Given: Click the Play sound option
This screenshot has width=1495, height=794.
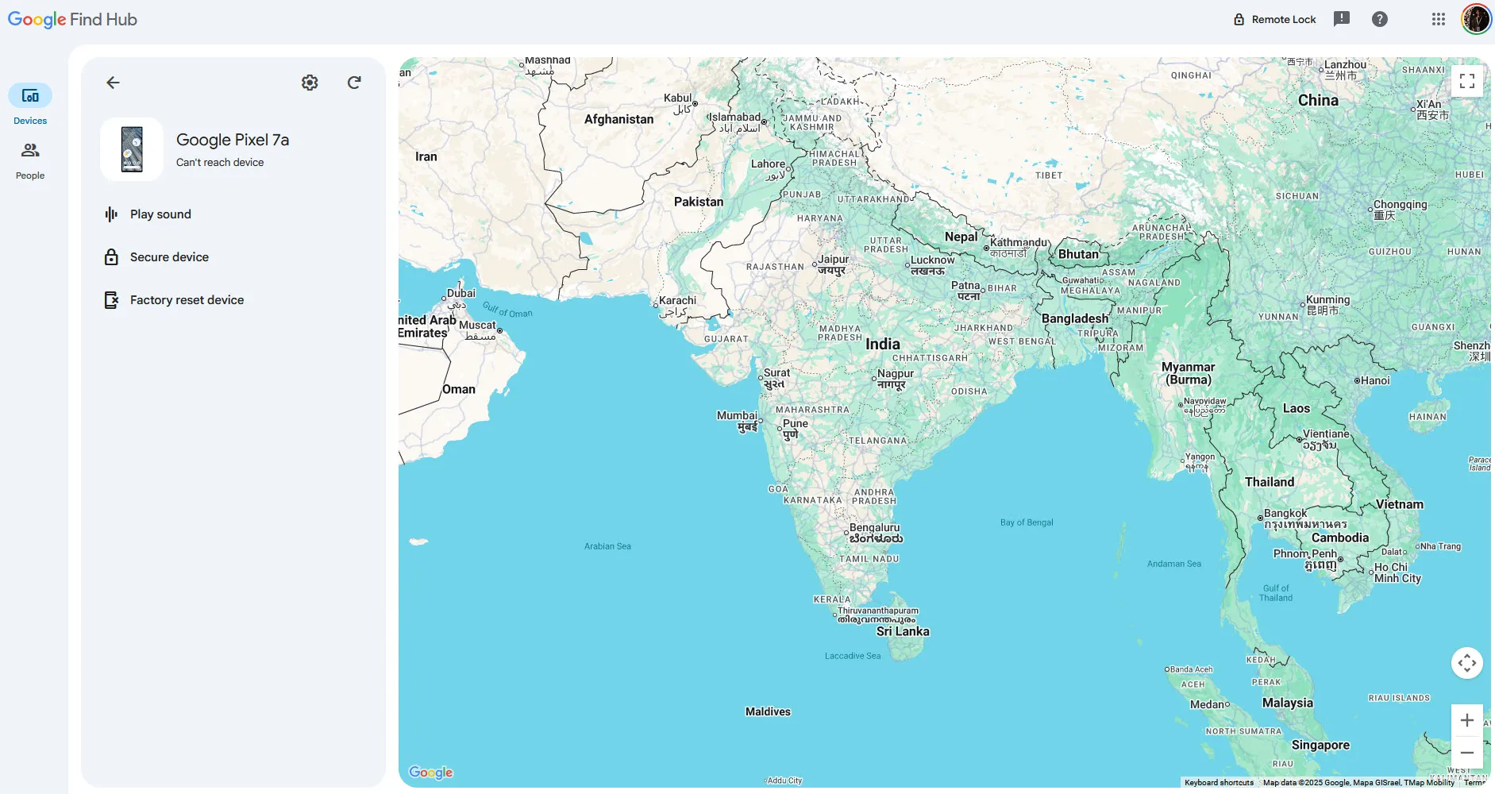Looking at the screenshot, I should point(160,214).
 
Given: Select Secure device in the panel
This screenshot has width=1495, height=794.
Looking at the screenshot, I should point(169,257).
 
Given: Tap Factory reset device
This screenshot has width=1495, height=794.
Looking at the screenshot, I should point(187,300).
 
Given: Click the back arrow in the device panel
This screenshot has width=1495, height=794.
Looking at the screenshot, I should point(113,83).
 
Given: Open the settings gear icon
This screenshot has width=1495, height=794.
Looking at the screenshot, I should point(310,83).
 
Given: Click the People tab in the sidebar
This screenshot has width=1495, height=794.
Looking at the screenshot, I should point(30,160).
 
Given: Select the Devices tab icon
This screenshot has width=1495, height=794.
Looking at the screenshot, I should point(30,96).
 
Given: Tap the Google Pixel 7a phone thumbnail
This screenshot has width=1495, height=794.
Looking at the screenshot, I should point(132,149).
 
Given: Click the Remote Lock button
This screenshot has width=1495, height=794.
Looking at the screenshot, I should point(1274,19).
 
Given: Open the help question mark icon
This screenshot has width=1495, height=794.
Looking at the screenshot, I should point(1380,19).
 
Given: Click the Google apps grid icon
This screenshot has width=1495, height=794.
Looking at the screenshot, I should point(1438,19).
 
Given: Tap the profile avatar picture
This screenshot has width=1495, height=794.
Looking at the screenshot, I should point(1476,19).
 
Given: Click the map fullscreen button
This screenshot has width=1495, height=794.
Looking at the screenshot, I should point(1466,81).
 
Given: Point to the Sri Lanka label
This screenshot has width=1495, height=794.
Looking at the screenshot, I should point(903,631).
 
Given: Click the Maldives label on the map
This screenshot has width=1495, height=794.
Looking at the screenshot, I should point(768,711).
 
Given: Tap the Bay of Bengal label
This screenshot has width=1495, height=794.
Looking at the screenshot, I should point(1027,522).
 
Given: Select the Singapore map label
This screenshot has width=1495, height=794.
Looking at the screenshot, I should point(1320,745).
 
